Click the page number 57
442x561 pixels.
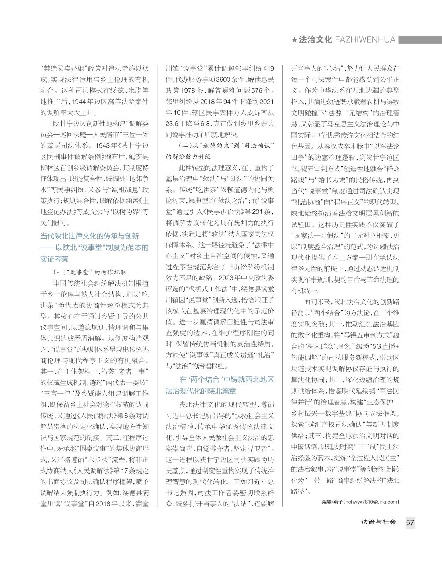point(410,523)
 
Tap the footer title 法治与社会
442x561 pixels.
point(379,522)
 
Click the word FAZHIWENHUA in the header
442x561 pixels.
point(365,40)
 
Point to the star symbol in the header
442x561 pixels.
point(294,40)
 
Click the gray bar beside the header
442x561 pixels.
point(420,40)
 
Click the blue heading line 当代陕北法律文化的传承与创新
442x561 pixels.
point(90,236)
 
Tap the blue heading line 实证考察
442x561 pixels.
point(54,259)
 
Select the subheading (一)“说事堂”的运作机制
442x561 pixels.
point(90,272)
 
